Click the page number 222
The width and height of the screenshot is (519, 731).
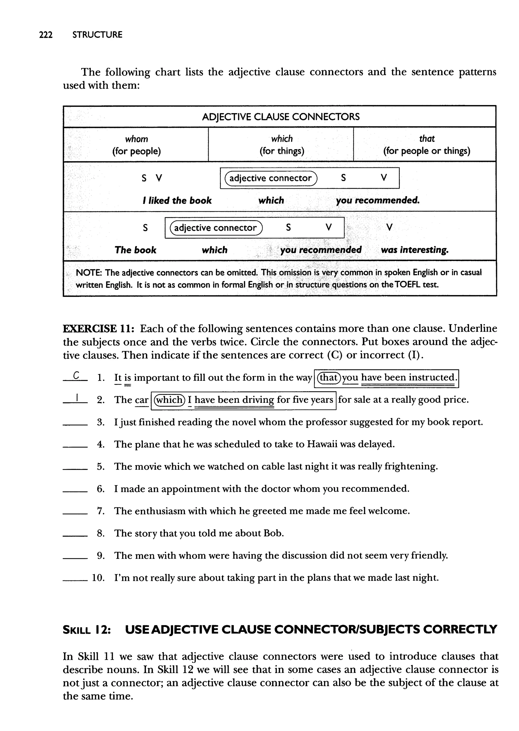(x=46, y=35)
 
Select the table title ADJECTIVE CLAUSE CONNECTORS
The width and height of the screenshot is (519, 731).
(x=281, y=117)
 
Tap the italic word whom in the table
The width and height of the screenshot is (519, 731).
(x=136, y=139)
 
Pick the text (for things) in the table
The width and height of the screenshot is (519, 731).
(x=282, y=151)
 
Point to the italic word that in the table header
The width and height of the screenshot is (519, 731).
(x=427, y=139)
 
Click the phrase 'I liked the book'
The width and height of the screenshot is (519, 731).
(x=177, y=201)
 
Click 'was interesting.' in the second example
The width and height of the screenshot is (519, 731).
(x=415, y=250)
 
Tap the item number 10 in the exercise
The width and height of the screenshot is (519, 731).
(x=98, y=578)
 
